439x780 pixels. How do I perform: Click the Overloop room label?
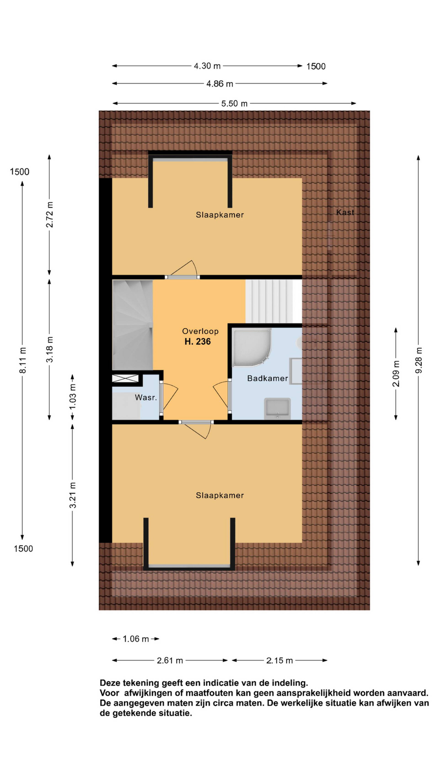[200, 331]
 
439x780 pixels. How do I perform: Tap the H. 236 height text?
[198, 342]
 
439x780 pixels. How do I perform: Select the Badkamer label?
[267, 378]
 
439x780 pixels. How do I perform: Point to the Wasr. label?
[146, 398]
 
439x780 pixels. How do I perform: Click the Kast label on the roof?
[345, 212]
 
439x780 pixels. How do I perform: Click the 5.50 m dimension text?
[234, 104]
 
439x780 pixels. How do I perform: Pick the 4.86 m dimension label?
[220, 84]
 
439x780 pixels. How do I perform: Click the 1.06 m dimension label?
[136, 639]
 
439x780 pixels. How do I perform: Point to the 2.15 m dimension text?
[279, 660]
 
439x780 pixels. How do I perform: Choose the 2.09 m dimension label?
[396, 373]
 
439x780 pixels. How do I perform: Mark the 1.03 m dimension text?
[72, 397]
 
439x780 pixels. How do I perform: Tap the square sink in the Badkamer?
[277, 408]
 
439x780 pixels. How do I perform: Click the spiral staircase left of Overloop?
[132, 325]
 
